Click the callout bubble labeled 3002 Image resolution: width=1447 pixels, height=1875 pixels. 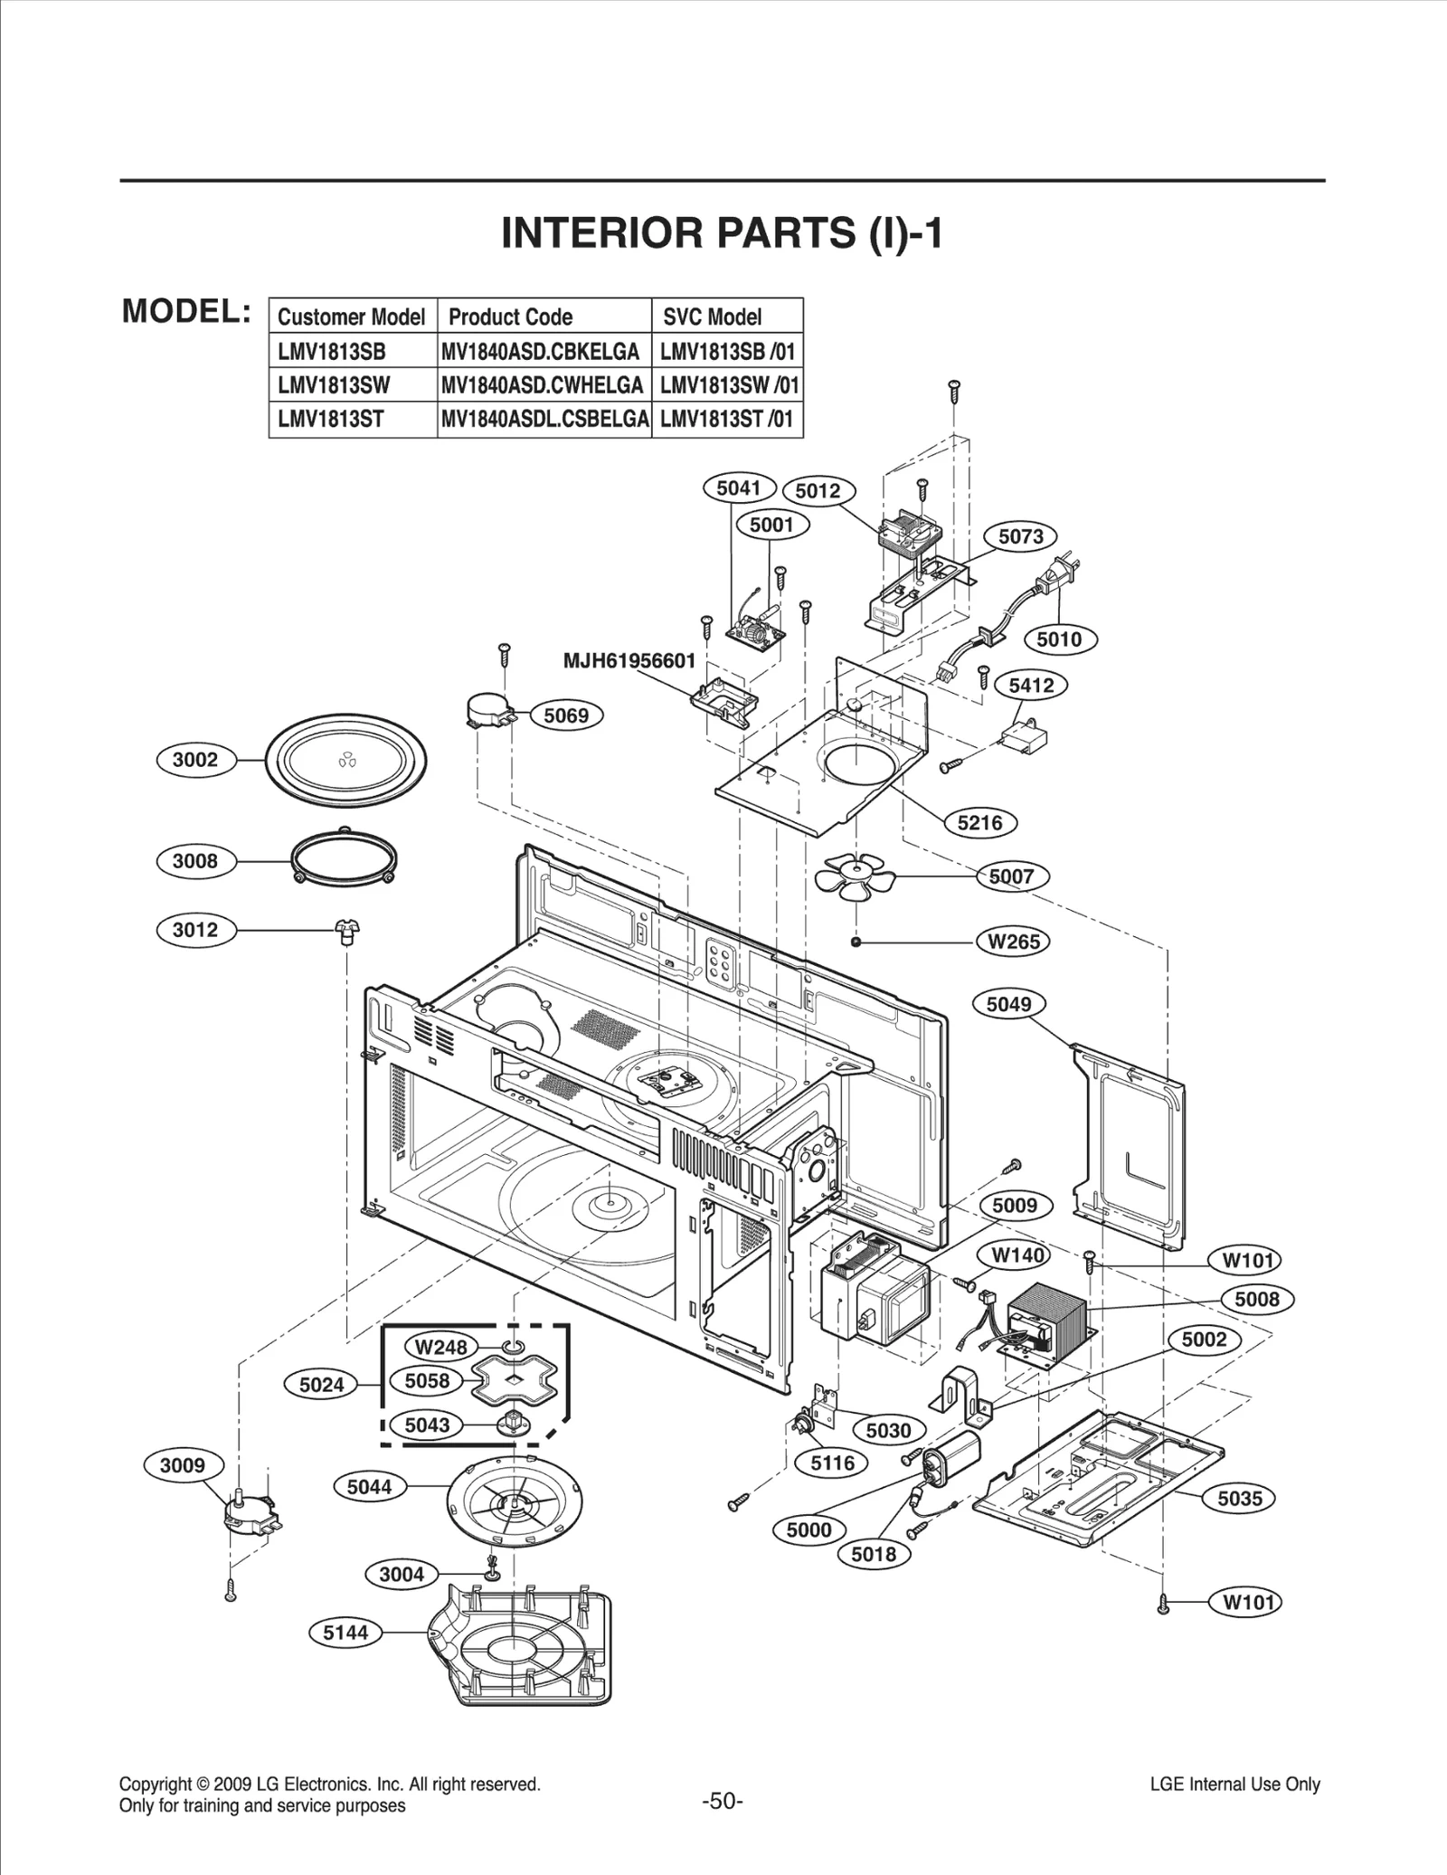coord(195,760)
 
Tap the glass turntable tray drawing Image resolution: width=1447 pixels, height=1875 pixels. coord(346,761)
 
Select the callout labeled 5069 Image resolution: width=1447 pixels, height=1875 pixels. coord(566,715)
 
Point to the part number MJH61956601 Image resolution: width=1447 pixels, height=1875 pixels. coord(629,661)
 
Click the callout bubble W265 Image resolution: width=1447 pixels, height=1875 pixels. coord(1014,942)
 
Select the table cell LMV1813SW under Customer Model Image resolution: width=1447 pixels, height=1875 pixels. coord(334,385)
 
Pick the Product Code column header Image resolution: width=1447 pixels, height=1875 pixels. coord(510,317)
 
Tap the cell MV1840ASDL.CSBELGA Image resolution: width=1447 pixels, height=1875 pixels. coord(544,419)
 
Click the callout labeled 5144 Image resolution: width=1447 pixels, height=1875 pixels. coord(346,1632)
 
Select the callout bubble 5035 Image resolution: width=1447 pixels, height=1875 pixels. coord(1239,1499)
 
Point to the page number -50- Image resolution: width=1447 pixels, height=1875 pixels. coord(723,1801)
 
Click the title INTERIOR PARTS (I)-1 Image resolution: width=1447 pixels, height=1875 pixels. coord(722,233)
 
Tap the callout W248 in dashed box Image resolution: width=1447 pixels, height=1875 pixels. coord(440,1347)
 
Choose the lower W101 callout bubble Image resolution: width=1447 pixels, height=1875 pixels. coord(1248,1603)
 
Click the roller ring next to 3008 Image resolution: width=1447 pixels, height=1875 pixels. coord(345,859)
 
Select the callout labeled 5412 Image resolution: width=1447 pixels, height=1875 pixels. coord(1031,686)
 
